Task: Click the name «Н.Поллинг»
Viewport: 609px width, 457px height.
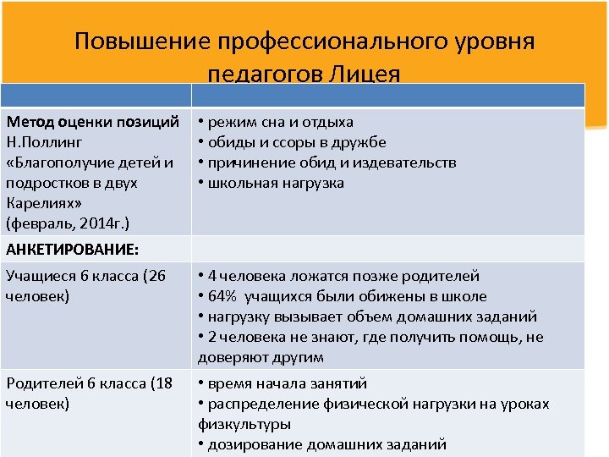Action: coord(44,142)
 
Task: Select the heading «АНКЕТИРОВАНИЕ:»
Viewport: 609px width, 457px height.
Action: coord(73,250)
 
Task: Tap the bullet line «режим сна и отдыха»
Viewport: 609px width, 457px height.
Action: coord(279,122)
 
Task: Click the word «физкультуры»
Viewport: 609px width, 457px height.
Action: coord(245,424)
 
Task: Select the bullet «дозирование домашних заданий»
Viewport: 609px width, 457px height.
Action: coord(326,444)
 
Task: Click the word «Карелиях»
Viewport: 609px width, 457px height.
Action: coord(38,203)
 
